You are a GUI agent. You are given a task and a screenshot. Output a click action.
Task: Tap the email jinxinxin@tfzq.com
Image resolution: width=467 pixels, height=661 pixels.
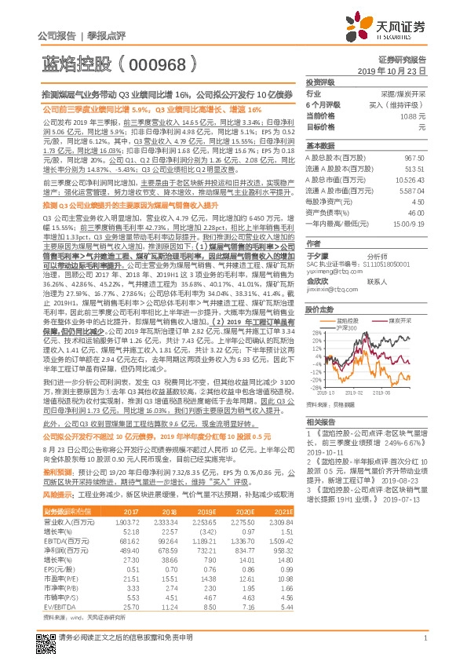coord(330,289)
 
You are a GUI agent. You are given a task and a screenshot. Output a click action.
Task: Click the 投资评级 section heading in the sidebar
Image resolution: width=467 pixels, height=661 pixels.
coord(320,82)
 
